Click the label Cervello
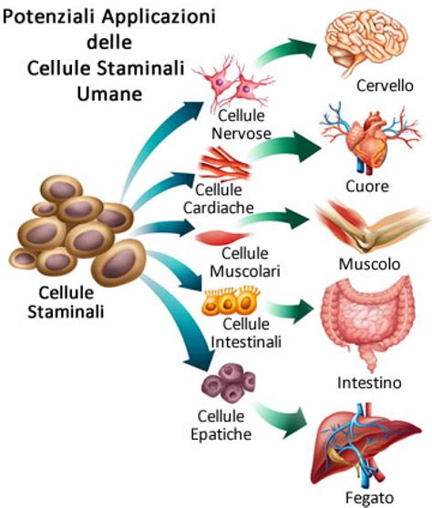(385, 86)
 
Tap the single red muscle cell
(217, 238)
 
